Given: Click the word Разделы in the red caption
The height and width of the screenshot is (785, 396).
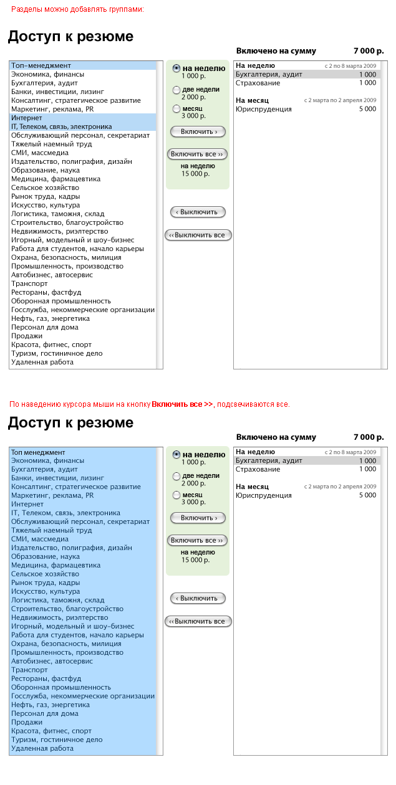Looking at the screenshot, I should point(26,9).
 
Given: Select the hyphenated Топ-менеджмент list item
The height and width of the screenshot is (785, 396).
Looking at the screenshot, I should point(41,65).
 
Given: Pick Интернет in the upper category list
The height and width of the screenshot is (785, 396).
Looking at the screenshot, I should point(27,118).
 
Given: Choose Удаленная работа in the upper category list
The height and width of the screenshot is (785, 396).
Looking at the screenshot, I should point(42,362).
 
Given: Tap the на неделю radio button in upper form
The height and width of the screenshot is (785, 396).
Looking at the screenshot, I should point(176,69).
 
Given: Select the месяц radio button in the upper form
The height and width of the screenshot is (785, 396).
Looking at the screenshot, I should point(176,109).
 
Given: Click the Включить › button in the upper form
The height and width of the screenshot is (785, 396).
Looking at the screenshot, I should point(198,131).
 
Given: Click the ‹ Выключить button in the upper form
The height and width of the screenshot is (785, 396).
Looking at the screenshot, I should point(198,212).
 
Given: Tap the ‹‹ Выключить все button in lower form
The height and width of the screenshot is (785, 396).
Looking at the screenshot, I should point(198,621).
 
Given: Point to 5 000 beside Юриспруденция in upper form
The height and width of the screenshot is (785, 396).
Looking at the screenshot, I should point(367,109).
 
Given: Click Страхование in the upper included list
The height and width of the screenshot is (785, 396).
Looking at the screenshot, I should point(258,83).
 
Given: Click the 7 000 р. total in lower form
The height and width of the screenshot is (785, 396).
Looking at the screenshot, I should point(369,437).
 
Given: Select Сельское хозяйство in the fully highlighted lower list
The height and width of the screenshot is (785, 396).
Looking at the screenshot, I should point(46,574).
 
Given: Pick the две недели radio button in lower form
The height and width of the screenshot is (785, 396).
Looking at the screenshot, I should point(176,477).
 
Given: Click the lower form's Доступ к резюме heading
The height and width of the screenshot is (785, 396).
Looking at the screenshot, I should point(70,423).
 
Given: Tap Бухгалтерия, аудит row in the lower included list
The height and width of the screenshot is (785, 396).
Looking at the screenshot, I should point(269,460).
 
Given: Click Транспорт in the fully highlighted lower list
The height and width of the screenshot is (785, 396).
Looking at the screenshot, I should point(29,670).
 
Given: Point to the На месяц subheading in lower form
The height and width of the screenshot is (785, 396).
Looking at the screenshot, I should point(253,487).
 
